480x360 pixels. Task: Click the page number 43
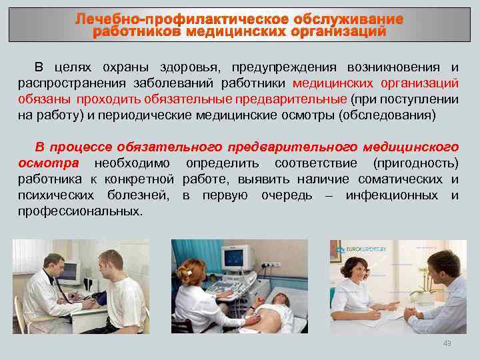point(447,343)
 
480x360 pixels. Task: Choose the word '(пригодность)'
point(416,163)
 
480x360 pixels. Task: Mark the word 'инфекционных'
point(392,195)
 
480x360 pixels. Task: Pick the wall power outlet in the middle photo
point(269,265)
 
